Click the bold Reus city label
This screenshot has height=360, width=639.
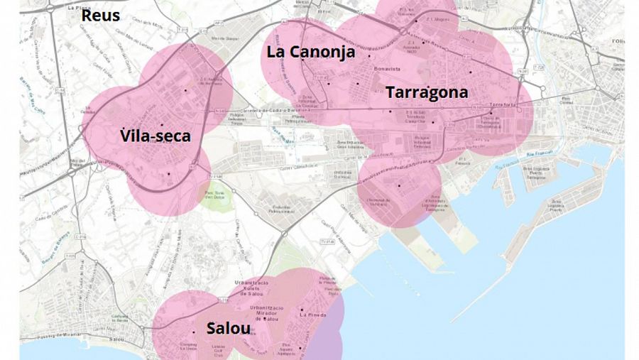click(101, 16)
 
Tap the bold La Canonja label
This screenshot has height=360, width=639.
click(310, 52)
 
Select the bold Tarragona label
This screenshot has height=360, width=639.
click(427, 92)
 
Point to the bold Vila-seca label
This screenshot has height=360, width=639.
click(155, 136)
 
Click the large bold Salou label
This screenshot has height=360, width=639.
click(228, 329)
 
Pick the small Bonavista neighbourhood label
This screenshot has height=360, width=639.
click(387, 69)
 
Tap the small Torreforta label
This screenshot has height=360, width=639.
click(502, 105)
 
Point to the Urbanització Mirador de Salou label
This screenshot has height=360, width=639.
click(267, 312)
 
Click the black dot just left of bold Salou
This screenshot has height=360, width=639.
click(193, 332)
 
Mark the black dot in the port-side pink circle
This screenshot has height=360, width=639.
click(399, 186)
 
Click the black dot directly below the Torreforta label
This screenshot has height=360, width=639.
click(490, 112)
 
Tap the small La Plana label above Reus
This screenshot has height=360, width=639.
click(72, 6)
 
